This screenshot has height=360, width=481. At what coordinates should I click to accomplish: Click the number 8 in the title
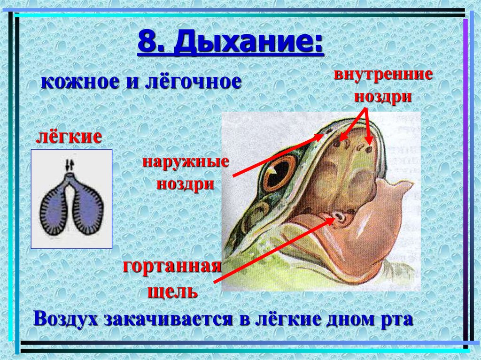point(147,45)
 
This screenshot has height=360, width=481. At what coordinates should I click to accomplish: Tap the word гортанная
point(172,267)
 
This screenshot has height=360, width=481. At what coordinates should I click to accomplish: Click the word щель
point(172,292)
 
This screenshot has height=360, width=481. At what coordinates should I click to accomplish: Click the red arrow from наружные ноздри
point(277,155)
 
